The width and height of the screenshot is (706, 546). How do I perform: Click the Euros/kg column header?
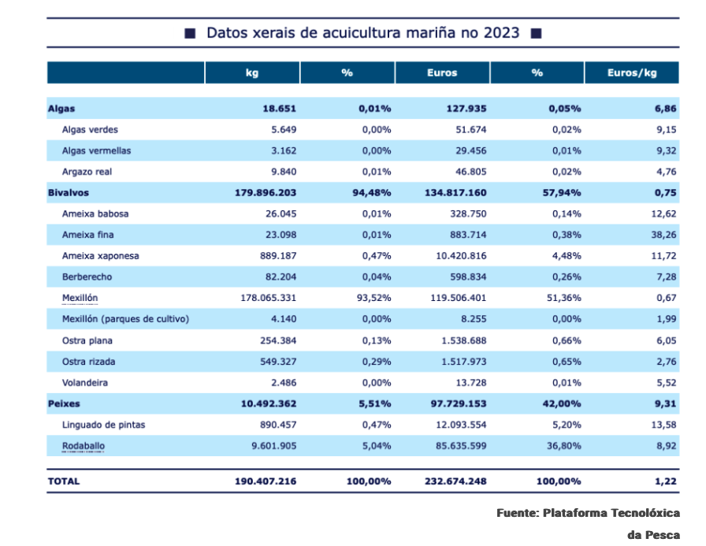coord(631,72)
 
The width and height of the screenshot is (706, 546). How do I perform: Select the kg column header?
coord(252,72)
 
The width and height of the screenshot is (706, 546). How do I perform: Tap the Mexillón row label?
coord(80,298)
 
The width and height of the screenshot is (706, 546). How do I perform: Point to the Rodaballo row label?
coord(83,446)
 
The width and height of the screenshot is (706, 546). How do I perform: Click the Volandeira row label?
coord(84,382)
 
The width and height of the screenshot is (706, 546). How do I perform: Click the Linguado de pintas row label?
coord(103,425)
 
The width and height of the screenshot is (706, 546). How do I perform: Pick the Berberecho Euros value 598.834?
coord(461,277)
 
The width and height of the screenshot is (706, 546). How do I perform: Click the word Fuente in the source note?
coord(517,513)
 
